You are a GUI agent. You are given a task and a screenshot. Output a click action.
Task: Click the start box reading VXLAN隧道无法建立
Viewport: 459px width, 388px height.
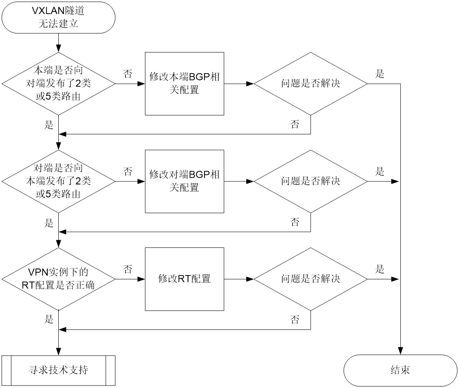pos(59,17)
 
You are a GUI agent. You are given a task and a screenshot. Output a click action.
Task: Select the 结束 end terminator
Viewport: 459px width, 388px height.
pos(400,371)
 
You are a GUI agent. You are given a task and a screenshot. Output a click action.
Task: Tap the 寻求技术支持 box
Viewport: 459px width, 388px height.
pos(59,371)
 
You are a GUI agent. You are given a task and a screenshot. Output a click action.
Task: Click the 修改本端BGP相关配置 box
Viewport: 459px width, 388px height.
pos(185,84)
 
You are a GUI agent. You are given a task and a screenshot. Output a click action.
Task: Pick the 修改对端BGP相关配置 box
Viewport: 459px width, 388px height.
pos(185,182)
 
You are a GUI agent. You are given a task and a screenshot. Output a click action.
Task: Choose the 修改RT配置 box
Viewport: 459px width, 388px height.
pos(185,279)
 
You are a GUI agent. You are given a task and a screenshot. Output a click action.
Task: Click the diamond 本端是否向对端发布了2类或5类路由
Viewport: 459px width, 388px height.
pos(59,84)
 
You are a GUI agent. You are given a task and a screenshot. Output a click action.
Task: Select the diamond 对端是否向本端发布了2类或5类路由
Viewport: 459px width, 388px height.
pos(59,182)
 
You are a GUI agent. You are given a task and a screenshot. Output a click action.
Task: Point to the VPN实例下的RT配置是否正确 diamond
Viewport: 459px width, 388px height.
pos(59,279)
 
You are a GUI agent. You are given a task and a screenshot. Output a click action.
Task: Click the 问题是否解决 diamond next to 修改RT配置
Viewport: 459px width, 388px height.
pos(311,279)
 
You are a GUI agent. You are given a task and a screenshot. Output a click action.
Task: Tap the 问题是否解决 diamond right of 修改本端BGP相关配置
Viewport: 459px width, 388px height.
pos(311,84)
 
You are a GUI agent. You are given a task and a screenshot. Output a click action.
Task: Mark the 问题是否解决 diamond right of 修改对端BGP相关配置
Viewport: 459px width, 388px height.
pos(311,182)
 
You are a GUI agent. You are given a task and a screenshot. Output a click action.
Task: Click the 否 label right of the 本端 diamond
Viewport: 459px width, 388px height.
pos(128,74)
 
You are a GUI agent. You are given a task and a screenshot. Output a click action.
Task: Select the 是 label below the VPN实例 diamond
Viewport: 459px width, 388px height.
pos(49,319)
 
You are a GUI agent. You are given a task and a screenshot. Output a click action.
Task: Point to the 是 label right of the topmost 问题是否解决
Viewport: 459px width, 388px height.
pos(380,74)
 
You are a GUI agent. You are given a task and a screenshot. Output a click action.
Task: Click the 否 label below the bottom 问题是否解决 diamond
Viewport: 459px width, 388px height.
pos(295,320)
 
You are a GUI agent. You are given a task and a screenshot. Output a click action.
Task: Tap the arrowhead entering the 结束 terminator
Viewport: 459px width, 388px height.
pos(400,351)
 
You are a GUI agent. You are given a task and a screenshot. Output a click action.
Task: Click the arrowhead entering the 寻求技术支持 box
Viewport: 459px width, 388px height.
pos(59,352)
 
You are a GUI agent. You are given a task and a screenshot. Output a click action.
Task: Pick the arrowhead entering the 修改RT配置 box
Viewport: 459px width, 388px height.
pos(141,279)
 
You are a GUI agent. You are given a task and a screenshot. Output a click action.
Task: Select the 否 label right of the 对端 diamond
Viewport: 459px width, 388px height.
pos(128,172)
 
